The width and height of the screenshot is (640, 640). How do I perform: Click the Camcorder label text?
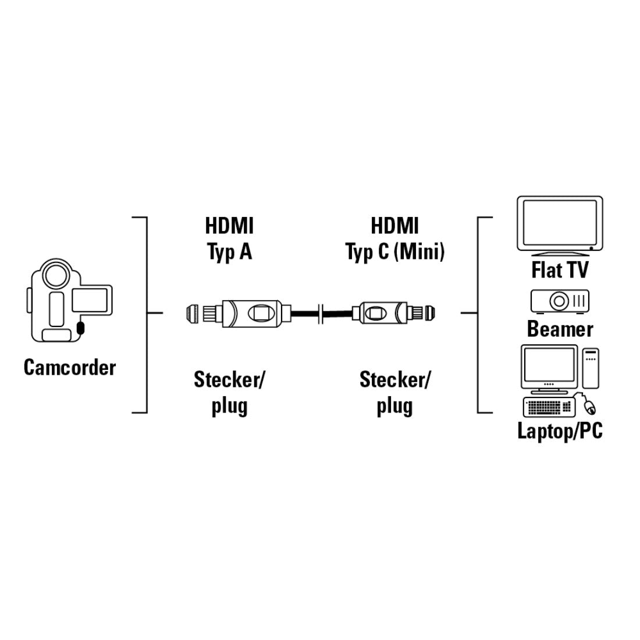70,368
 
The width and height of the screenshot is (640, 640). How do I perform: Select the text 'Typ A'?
229,252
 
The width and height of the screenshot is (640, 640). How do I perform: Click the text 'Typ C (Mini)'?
394,252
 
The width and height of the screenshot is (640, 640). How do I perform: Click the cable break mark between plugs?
322,313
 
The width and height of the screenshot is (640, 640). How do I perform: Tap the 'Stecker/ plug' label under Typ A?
229,392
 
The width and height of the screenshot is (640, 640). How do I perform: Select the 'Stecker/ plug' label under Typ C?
394,392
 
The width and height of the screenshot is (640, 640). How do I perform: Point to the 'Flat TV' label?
559,270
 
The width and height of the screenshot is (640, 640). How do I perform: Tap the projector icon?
559,301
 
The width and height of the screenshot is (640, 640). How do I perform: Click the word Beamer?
559,329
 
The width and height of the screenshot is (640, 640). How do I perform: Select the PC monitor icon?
549,368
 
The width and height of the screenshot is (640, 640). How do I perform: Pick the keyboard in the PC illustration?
547,406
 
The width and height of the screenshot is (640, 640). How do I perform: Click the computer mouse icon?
591,404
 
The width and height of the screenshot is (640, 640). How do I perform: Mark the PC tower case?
591,367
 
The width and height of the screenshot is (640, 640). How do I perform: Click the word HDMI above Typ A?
229,226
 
